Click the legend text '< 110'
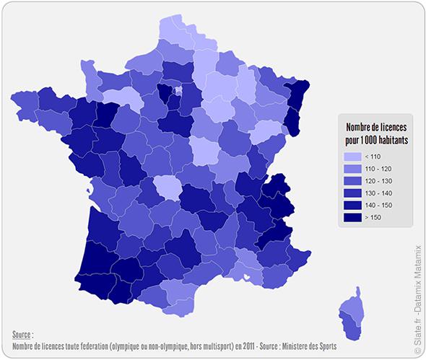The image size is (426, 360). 373,157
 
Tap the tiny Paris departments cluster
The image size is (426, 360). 178,91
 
